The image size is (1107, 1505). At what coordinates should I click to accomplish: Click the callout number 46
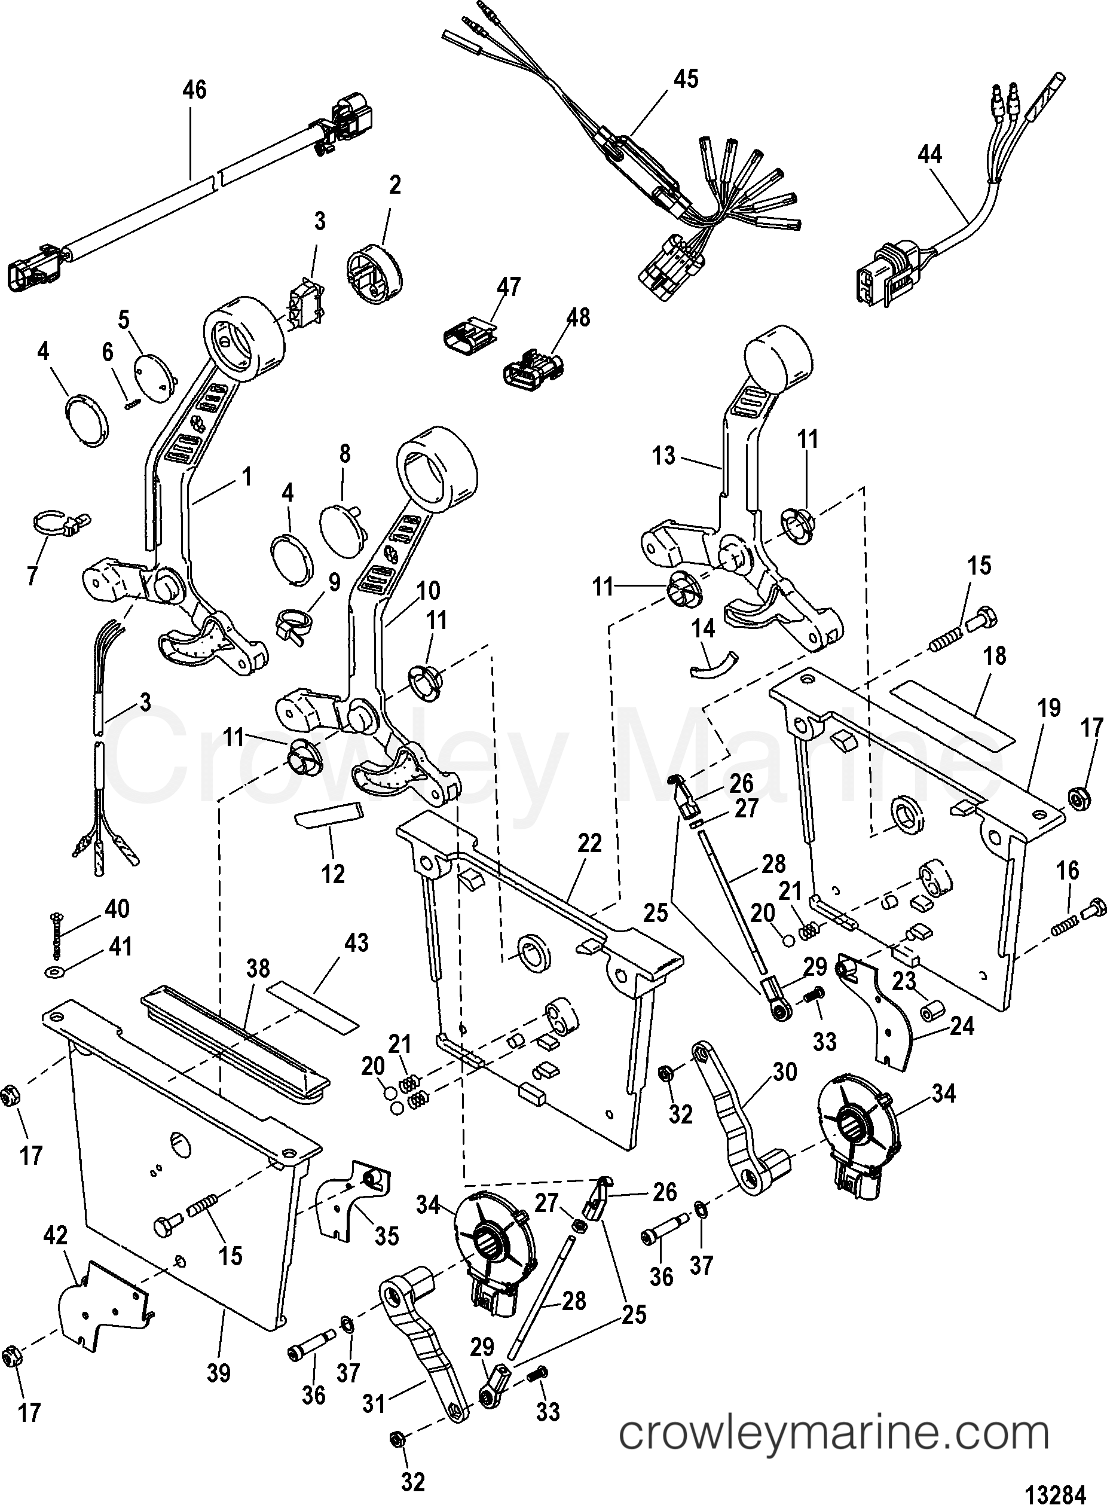(x=194, y=90)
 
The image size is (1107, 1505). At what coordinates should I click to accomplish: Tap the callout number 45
(x=686, y=78)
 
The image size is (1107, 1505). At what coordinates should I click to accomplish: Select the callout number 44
(x=929, y=155)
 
